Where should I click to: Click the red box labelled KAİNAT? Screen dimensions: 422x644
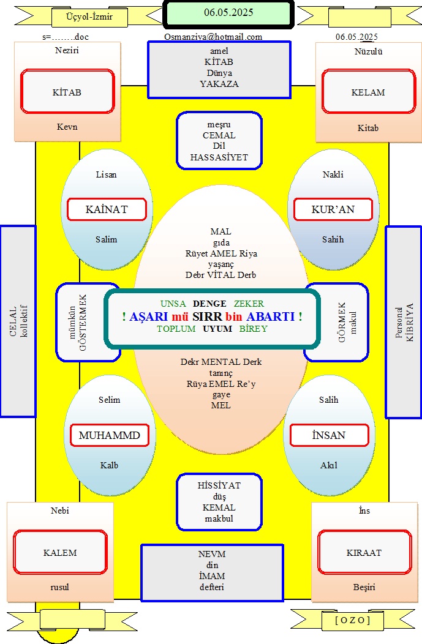(107, 209)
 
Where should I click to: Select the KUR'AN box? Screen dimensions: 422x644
(333, 209)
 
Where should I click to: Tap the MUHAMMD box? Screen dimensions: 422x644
(109, 435)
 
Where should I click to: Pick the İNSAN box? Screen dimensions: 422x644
(329, 435)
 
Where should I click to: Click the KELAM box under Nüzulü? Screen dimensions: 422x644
(369, 92)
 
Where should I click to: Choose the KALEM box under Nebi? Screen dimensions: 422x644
(60, 552)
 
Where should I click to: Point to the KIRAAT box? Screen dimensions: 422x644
(364, 552)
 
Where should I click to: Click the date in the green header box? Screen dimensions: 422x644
(228, 13)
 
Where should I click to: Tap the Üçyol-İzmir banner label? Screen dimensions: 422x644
(89, 17)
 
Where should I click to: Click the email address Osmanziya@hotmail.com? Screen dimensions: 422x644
(213, 37)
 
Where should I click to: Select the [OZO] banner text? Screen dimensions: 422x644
(353, 620)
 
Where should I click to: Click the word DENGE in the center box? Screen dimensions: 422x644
(209, 304)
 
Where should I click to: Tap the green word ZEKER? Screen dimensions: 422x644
(249, 304)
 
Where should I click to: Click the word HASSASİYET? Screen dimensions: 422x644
(219, 157)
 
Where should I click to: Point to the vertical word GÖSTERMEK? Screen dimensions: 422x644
(83, 323)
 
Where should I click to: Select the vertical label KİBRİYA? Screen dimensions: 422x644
(409, 323)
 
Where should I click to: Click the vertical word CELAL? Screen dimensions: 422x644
(13, 321)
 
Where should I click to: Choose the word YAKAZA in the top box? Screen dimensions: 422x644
(219, 84)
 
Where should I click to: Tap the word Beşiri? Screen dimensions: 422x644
(364, 587)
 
